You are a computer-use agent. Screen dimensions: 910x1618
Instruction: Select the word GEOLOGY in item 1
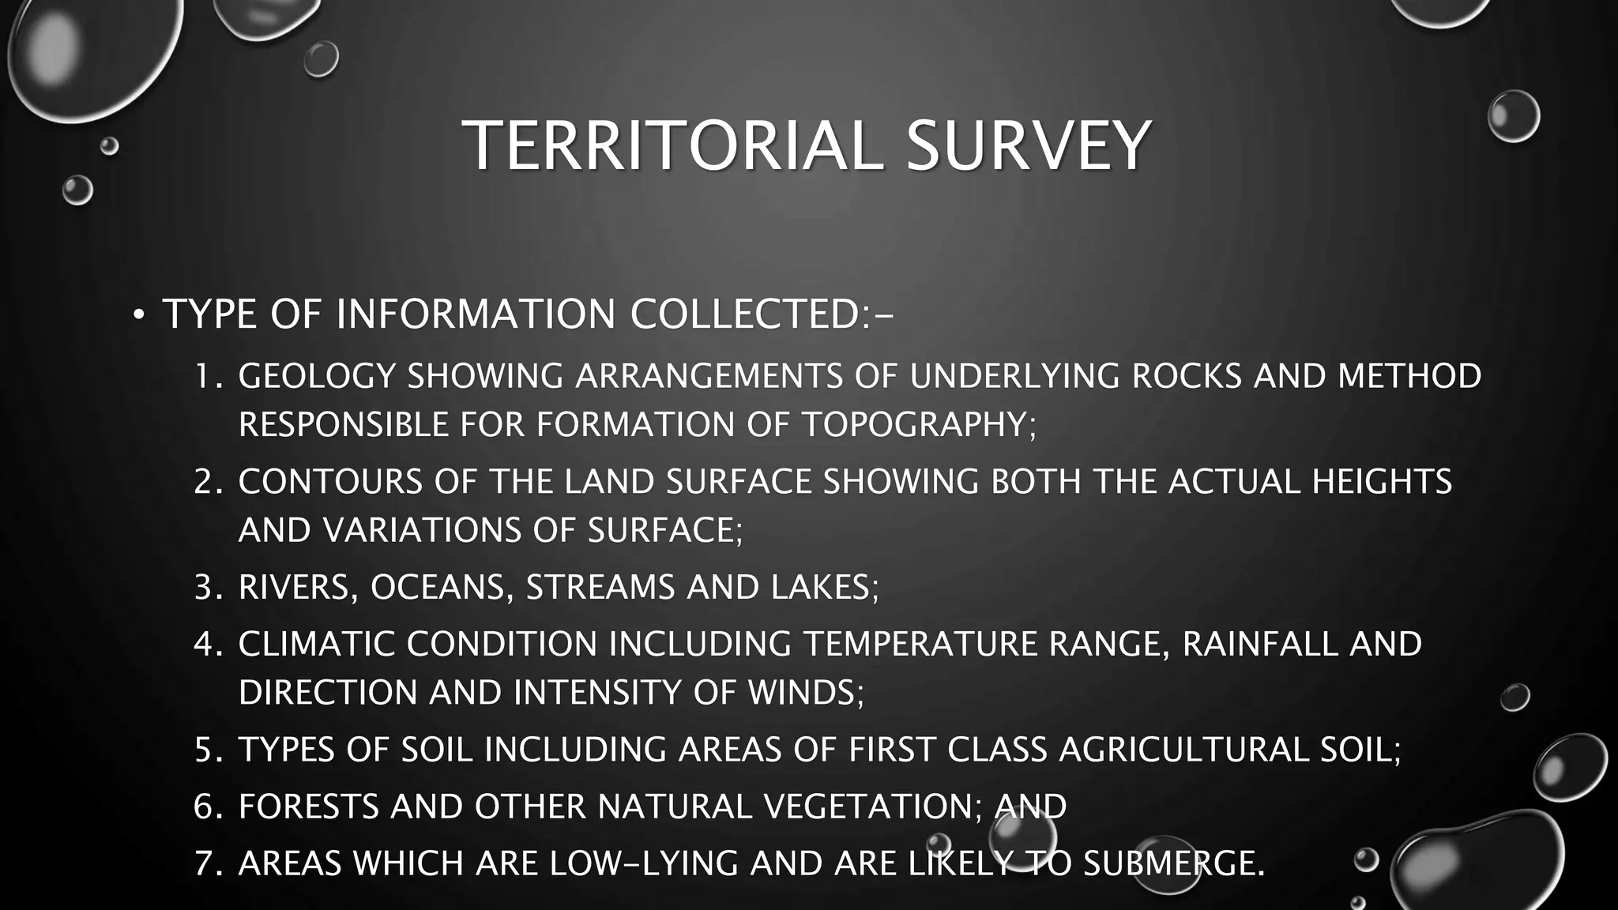(x=317, y=376)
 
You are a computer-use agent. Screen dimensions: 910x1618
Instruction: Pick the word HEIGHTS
(x=1382, y=482)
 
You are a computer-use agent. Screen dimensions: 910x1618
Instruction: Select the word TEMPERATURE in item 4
(x=920, y=645)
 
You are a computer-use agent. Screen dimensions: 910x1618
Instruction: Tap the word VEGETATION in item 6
(x=868, y=807)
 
